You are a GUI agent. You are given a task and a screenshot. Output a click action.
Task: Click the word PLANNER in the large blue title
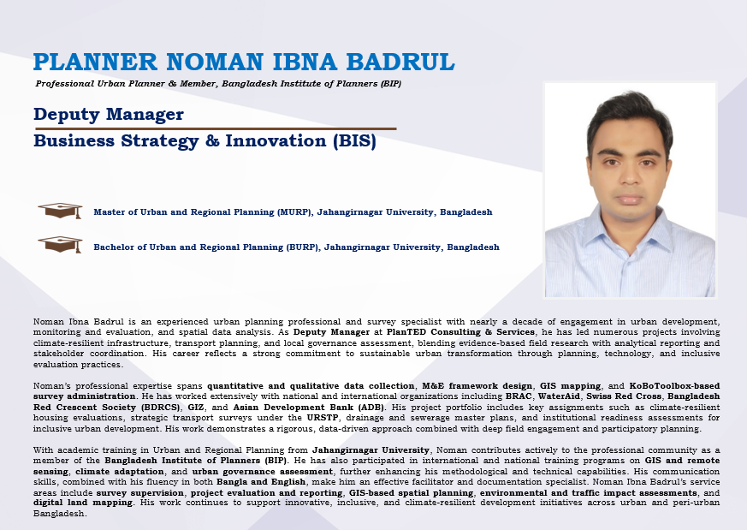(x=95, y=62)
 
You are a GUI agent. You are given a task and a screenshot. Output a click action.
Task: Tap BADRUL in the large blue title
(x=400, y=62)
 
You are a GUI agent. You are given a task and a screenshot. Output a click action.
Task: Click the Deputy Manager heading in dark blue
(x=109, y=115)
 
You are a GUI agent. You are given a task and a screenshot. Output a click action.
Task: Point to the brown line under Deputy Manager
(x=216, y=128)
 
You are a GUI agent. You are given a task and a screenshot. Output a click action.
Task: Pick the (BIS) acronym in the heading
(x=354, y=141)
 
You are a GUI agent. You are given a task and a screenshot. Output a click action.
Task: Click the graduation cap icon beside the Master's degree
(x=61, y=211)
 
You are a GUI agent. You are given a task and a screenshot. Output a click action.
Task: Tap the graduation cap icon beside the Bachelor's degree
(x=61, y=245)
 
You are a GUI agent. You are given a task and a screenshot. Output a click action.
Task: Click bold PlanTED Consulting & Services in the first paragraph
(x=460, y=332)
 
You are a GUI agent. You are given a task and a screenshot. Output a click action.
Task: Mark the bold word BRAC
(x=519, y=396)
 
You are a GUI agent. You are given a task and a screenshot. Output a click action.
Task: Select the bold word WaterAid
(x=559, y=396)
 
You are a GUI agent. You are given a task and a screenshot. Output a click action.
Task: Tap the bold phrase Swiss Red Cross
(x=624, y=396)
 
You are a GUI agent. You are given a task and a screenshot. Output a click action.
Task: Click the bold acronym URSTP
(x=323, y=418)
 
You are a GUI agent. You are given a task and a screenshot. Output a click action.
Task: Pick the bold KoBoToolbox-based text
(x=674, y=385)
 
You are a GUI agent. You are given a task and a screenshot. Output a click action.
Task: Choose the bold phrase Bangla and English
(x=261, y=482)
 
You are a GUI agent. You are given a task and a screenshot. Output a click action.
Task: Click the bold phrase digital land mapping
(x=83, y=503)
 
